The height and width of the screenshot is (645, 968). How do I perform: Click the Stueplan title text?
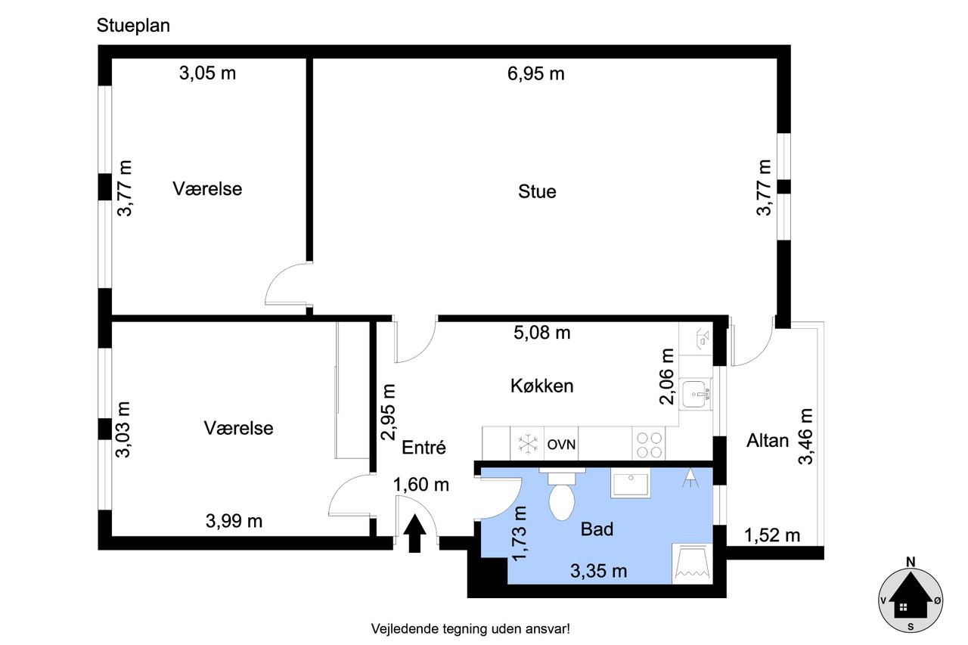click(x=133, y=26)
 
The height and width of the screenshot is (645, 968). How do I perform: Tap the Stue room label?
click(x=537, y=191)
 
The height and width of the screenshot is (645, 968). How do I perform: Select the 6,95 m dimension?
click(x=536, y=74)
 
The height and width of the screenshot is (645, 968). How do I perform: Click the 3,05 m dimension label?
click(x=207, y=73)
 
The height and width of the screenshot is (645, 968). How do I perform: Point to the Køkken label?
click(x=542, y=386)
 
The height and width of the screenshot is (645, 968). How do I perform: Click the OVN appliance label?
click(x=561, y=445)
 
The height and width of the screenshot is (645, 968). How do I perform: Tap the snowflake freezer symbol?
click(x=528, y=444)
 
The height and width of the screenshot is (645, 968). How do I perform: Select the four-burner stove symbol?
click(x=649, y=445)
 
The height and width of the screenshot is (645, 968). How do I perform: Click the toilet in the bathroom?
click(x=561, y=495)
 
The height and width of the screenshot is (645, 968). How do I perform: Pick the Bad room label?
click(x=597, y=529)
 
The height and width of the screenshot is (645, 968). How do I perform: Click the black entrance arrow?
click(x=414, y=533)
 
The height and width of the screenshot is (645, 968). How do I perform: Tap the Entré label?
click(x=423, y=448)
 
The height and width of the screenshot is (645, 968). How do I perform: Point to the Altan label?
click(x=768, y=441)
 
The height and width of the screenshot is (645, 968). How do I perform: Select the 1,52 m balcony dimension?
click(x=772, y=535)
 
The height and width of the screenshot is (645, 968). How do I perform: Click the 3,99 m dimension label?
click(x=234, y=521)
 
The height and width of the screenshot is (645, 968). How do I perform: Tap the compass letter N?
click(x=911, y=562)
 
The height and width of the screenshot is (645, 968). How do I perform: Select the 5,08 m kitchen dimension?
click(x=542, y=333)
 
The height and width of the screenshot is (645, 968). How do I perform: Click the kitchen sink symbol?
click(x=695, y=394)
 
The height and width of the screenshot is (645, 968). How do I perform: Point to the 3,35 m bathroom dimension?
click(x=598, y=571)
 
